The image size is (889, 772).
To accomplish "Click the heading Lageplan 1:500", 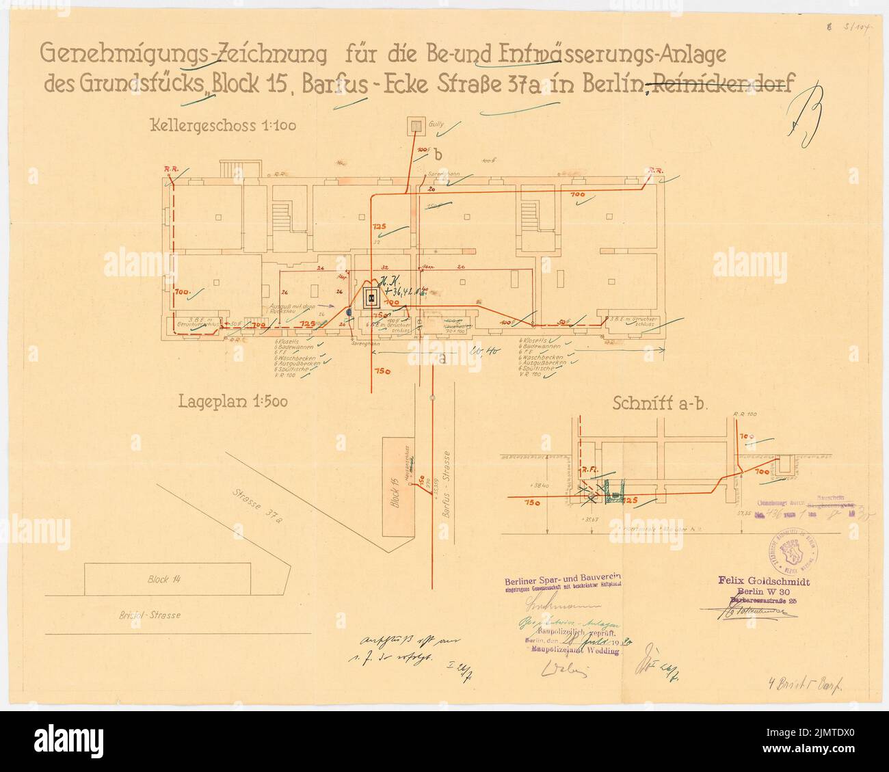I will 233,402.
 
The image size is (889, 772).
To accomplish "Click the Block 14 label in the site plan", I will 166,579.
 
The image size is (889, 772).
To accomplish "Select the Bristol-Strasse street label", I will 148,615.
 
